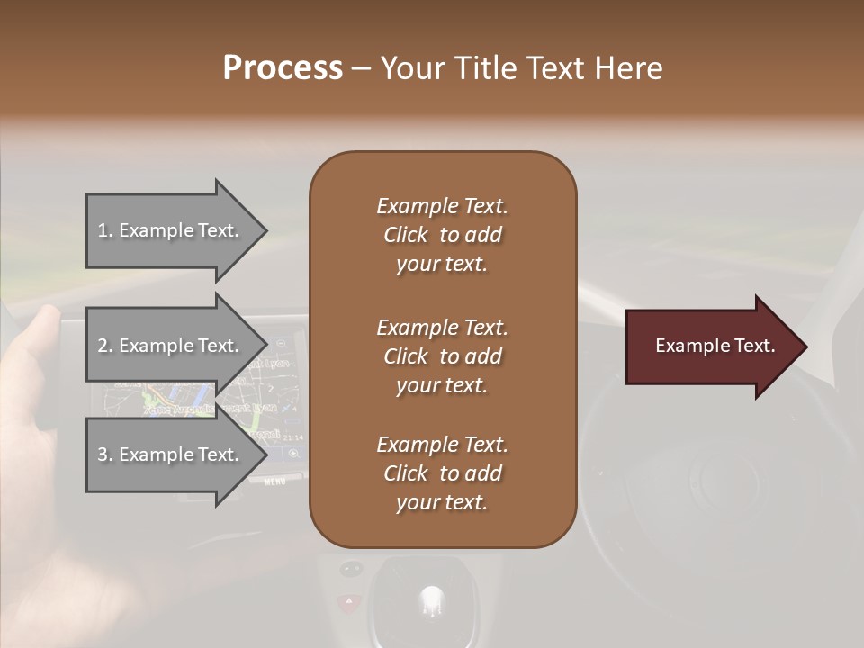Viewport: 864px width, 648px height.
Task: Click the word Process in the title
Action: coord(283,68)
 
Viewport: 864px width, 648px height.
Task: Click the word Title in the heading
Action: coord(486,68)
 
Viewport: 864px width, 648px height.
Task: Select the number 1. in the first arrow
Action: coord(105,231)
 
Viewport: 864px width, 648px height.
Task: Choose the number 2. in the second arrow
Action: coord(105,346)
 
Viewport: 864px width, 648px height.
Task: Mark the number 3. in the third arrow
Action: coord(105,454)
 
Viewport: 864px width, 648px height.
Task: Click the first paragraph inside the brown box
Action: coord(443,235)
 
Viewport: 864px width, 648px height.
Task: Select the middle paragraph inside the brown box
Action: coord(443,356)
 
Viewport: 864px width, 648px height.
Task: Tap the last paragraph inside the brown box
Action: coord(443,473)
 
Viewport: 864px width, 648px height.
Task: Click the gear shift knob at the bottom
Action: coord(432,598)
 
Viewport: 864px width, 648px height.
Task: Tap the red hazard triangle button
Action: coord(346,601)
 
